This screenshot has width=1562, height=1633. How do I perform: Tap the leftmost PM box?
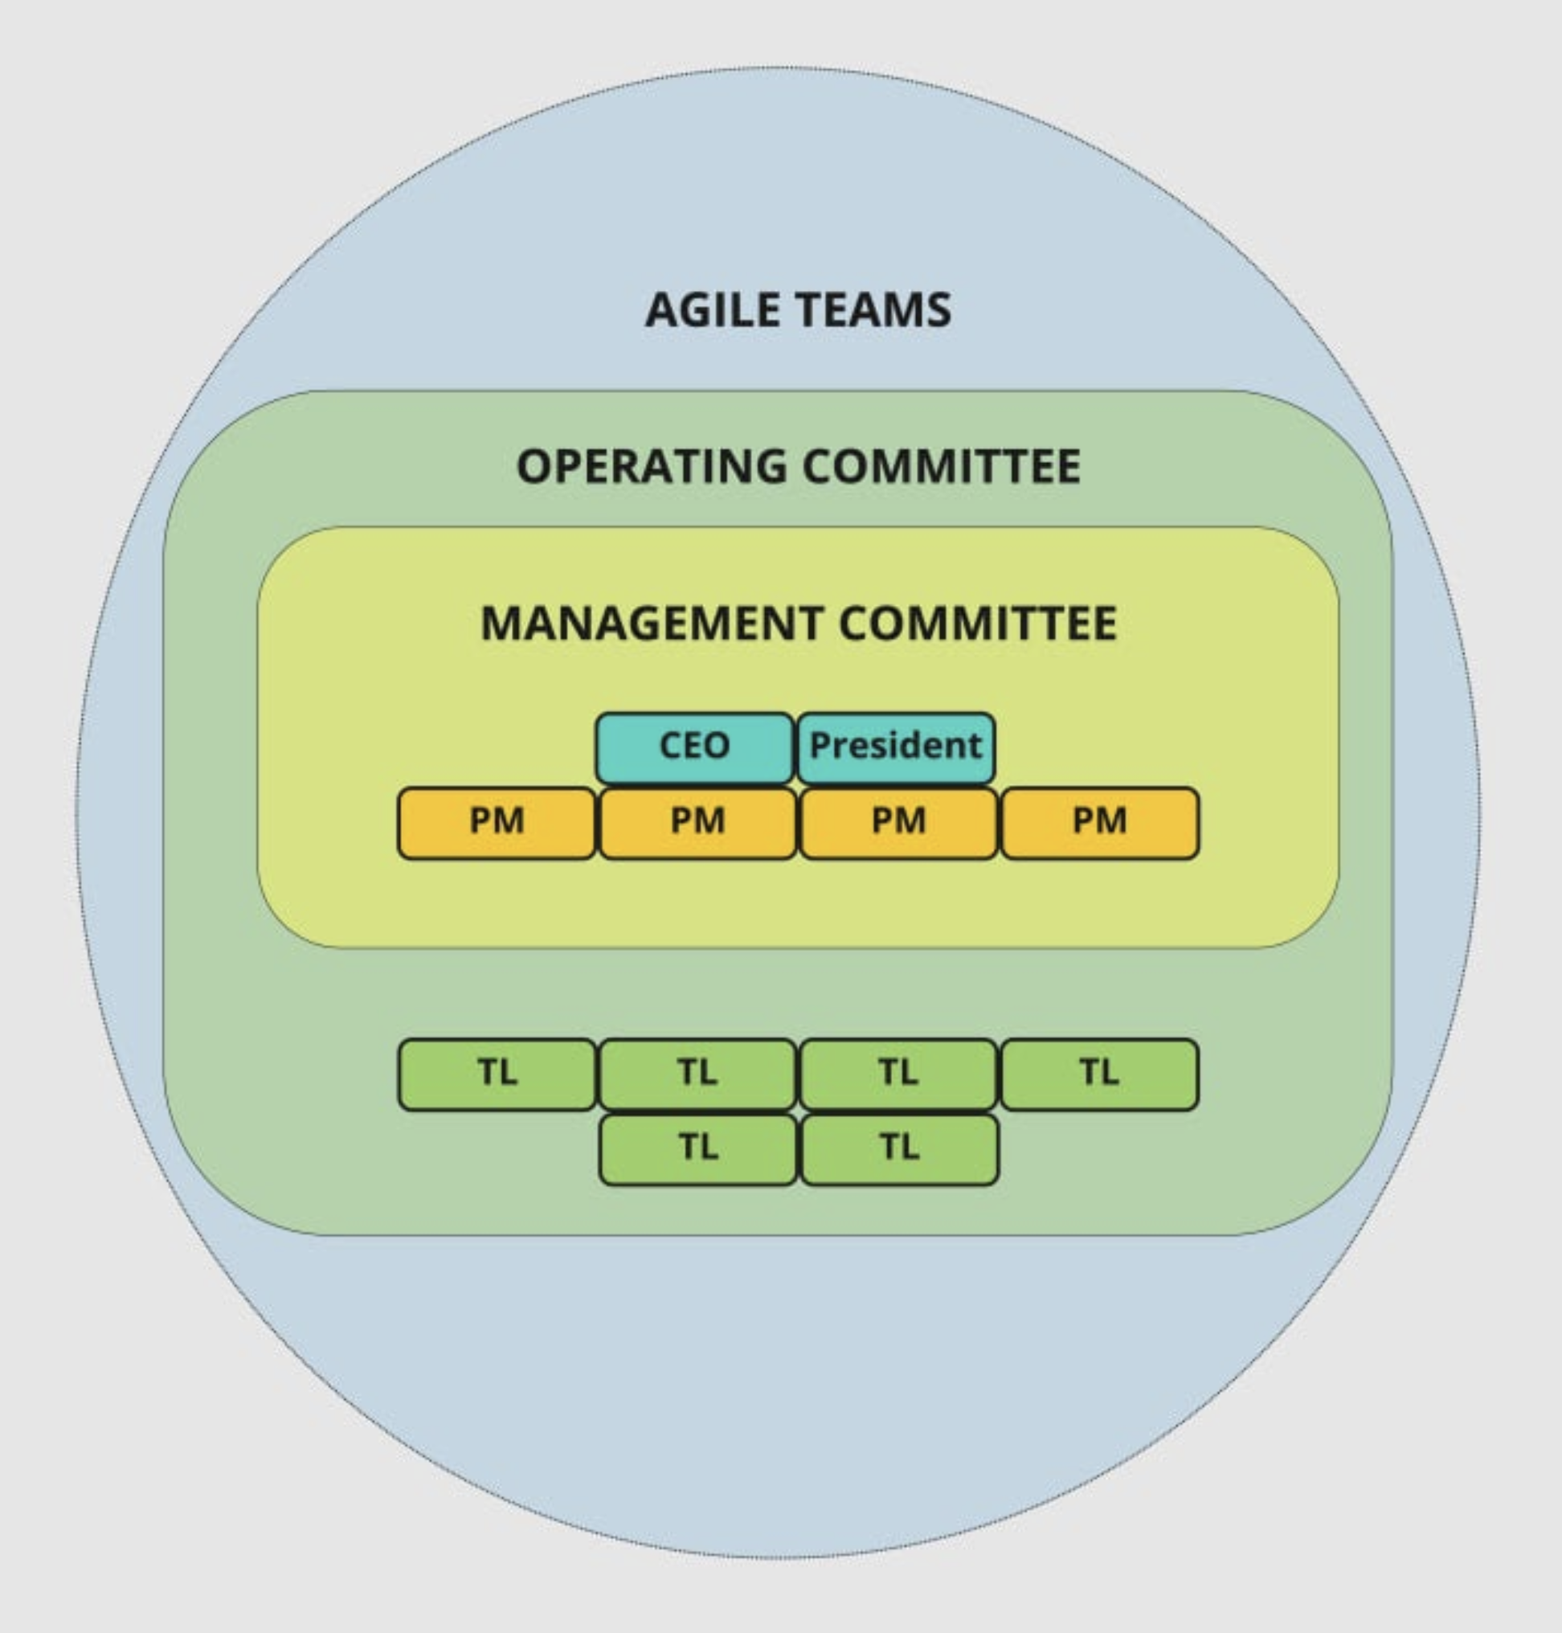497,823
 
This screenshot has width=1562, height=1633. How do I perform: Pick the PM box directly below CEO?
697,823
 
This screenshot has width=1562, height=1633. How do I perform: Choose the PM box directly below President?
898,823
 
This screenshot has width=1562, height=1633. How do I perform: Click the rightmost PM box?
1100,823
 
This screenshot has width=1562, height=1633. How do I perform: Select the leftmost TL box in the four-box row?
497,1074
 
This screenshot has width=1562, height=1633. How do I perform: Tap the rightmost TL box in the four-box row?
1100,1074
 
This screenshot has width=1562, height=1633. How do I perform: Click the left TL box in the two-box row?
697,1149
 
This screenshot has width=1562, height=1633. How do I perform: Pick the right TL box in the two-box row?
899,1149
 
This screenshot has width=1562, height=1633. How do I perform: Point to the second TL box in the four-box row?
697,1074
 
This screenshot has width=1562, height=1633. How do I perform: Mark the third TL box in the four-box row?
898,1074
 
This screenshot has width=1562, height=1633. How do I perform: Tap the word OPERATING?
651,466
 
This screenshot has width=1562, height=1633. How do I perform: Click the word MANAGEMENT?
652,624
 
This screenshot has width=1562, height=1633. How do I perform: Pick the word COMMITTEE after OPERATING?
942,466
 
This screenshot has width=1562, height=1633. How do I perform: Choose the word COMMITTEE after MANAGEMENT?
979,624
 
